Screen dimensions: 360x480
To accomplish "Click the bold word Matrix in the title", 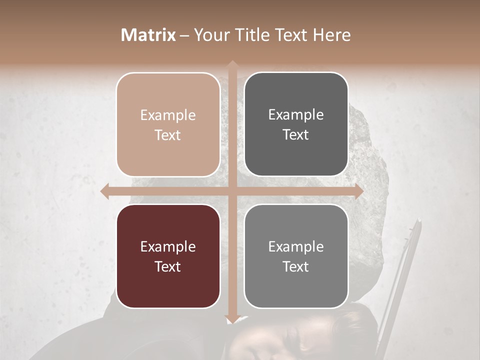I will click(x=148, y=35).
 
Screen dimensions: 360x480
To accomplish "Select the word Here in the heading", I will click(x=332, y=35).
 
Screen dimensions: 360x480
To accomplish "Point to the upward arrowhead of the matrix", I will click(x=232, y=65).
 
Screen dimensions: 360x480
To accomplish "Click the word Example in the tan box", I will click(x=168, y=115).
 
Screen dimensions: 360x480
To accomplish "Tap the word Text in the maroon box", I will click(x=168, y=266).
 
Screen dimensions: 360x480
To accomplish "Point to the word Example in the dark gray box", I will click(x=296, y=115).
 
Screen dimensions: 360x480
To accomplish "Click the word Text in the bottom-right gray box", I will click(x=296, y=266).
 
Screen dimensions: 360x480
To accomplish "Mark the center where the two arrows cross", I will click(x=232, y=191).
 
